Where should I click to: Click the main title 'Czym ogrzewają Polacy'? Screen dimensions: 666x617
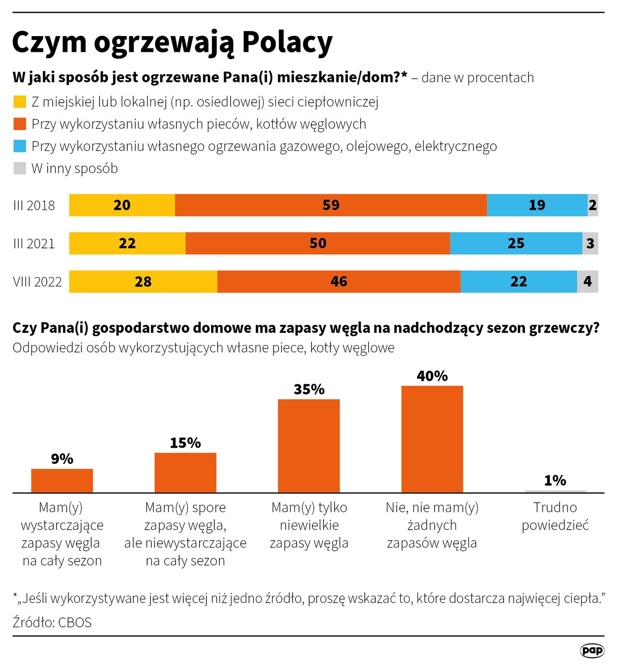172,43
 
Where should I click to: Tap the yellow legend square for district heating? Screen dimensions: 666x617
19,102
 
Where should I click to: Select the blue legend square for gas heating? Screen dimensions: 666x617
19,146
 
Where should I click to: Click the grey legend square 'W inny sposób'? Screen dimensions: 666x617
19,168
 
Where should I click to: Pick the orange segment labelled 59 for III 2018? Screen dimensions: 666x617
331,205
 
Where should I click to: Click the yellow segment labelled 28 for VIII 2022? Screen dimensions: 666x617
143,281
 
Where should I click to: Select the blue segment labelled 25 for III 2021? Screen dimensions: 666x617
516,243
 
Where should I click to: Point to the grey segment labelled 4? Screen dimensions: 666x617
587,281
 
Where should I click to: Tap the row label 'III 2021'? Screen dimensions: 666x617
34,243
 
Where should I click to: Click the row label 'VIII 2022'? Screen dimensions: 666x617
37,282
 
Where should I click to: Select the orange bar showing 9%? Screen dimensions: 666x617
62,481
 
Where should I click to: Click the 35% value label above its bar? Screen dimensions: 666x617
309,389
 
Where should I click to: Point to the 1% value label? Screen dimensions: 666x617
555,481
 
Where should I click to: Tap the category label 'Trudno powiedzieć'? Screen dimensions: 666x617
555,516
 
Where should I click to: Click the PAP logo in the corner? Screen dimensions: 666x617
592,650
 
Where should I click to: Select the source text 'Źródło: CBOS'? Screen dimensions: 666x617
52,622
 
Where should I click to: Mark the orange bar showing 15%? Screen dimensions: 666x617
185,472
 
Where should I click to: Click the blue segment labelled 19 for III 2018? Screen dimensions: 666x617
537,205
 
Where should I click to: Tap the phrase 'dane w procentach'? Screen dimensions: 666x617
477,77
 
